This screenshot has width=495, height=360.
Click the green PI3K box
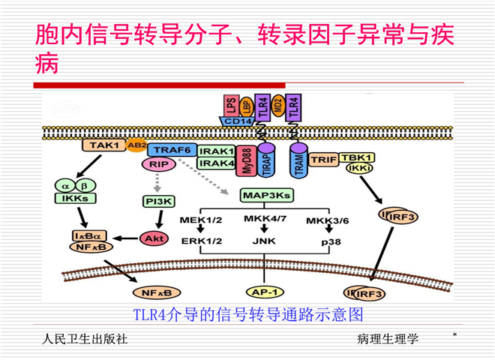click(158, 201)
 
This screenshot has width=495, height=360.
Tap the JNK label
click(259, 242)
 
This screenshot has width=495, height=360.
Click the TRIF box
click(322, 159)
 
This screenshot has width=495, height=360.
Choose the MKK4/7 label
click(260, 220)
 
